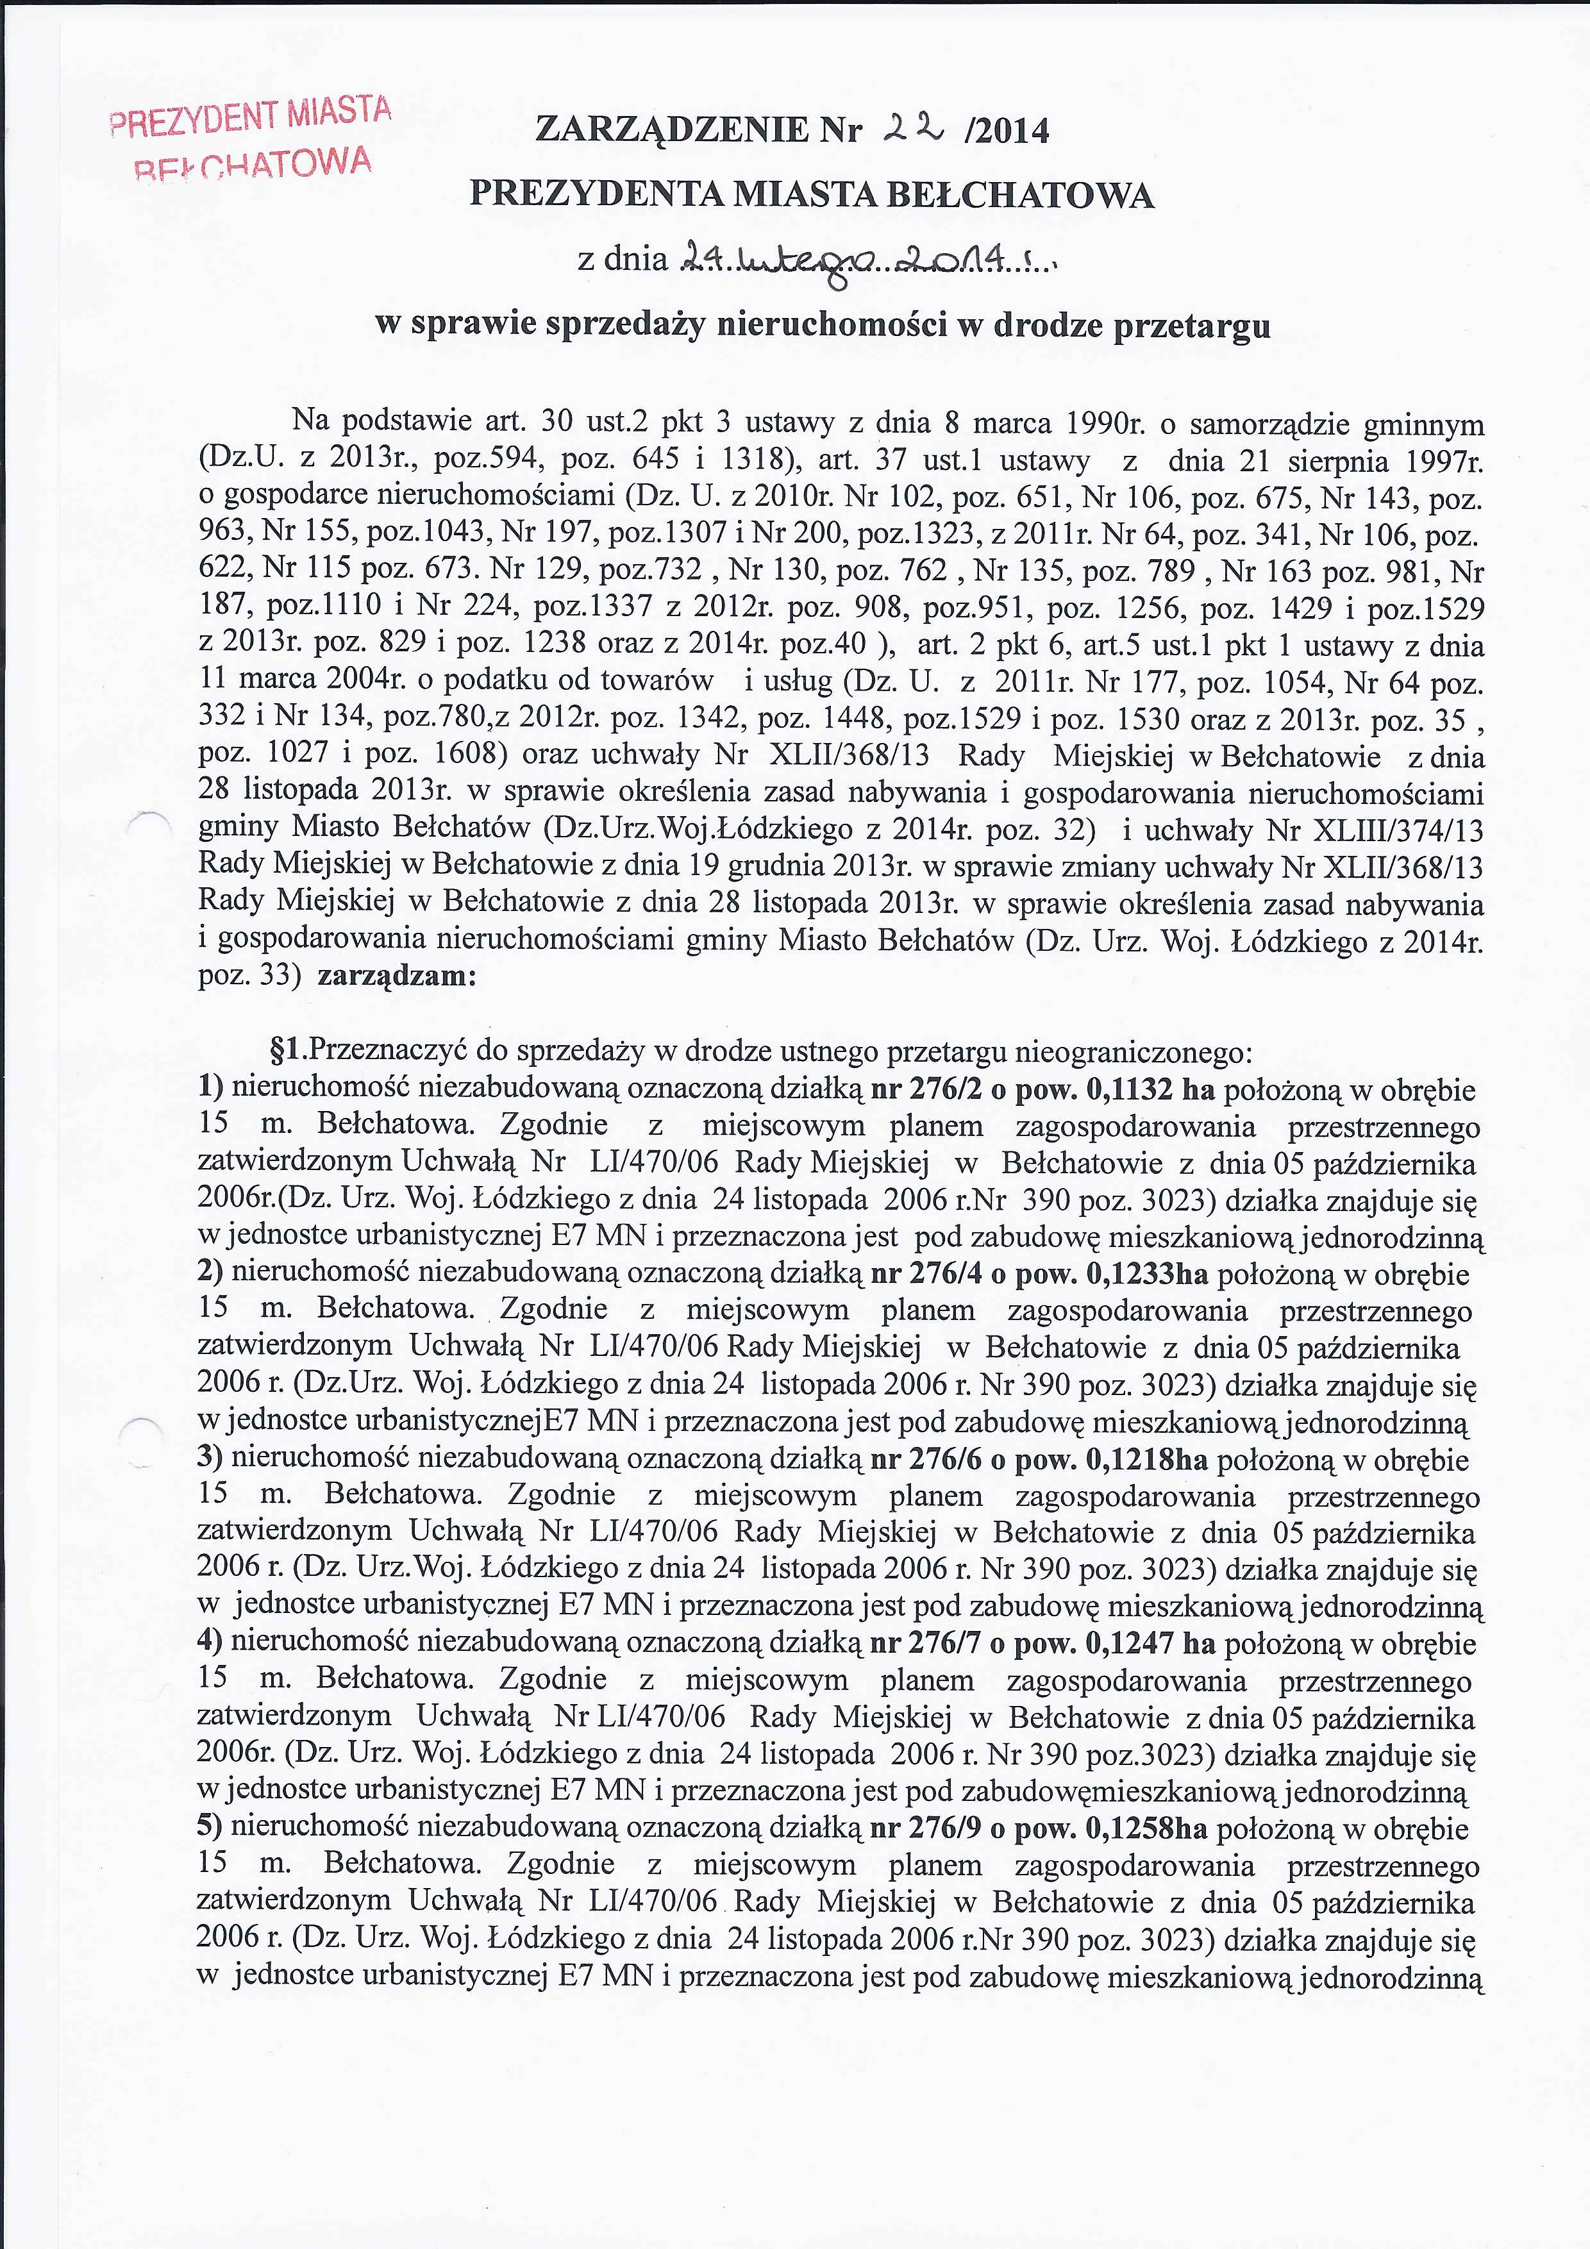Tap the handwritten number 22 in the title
tap(912, 128)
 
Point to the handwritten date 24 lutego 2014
tap(866, 260)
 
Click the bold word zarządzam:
tap(397, 976)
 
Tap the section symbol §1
tap(290, 1052)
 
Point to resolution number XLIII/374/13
tap(1403, 831)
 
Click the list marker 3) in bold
tap(211, 1460)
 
